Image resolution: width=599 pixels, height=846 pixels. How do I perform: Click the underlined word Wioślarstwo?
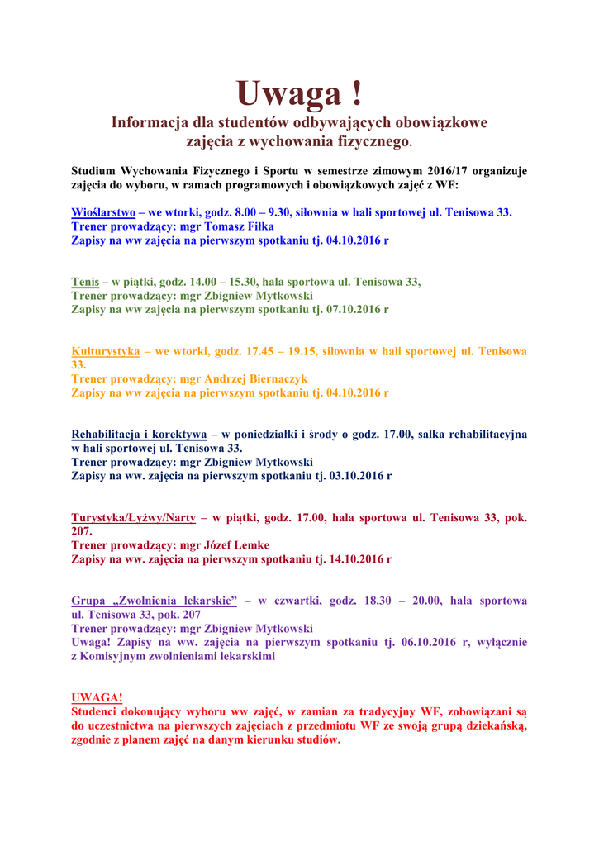pyautogui.click(x=103, y=212)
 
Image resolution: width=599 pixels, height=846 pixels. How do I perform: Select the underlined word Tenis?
pyautogui.click(x=85, y=282)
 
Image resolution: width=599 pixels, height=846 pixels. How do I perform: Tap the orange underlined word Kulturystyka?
pyautogui.click(x=105, y=351)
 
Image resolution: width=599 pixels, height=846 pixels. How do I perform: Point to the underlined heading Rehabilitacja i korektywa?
pyautogui.click(x=139, y=435)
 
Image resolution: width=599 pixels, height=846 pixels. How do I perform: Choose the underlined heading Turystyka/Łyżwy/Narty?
pyautogui.click(x=133, y=518)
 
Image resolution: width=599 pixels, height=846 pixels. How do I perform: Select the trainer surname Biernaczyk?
pyautogui.click(x=268, y=378)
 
